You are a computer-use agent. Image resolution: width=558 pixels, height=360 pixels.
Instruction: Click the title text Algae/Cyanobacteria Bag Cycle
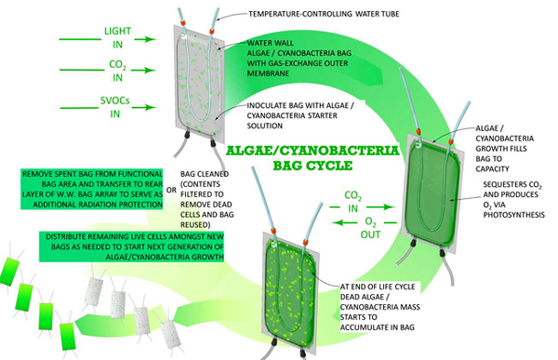tap(312, 158)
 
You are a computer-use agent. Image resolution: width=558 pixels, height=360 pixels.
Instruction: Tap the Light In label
tap(118, 38)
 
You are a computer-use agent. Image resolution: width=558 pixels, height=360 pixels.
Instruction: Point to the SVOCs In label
tap(115, 107)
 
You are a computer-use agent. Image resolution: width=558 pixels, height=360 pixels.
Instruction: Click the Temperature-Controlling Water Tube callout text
tap(324, 14)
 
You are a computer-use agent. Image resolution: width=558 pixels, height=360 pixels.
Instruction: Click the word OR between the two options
tap(171, 190)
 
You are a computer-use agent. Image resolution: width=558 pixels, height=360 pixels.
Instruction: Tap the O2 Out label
tap(370, 228)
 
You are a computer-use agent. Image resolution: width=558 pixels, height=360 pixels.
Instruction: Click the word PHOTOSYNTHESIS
tap(514, 215)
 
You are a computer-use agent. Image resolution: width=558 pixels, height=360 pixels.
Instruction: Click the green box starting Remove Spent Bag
tap(92, 189)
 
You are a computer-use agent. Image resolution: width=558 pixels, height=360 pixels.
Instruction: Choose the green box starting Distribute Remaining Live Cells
tap(132, 247)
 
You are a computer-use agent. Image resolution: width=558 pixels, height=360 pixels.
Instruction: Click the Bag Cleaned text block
tap(206, 199)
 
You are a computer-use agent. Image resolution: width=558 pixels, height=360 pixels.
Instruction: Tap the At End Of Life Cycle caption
tap(379, 307)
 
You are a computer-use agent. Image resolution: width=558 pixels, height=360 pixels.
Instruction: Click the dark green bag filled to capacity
tap(432, 195)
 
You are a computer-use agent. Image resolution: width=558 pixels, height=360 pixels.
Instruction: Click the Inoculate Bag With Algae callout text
tap(300, 115)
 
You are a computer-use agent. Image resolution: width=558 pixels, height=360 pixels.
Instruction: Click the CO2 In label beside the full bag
tap(352, 202)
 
